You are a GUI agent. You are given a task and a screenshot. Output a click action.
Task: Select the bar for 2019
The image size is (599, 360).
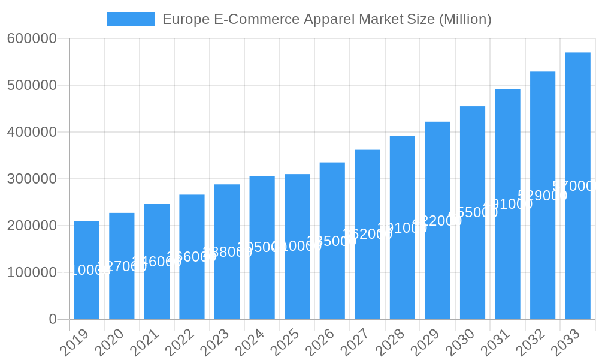pos(87,270)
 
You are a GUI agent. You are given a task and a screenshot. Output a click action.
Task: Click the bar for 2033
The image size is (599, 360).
pos(577,186)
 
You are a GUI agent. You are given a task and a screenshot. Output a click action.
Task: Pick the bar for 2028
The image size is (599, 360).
pos(403,227)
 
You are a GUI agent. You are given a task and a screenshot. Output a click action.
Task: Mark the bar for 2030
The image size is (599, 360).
pos(473,212)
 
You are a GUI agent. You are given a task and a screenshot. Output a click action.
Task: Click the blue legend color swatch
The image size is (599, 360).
pos(131,19)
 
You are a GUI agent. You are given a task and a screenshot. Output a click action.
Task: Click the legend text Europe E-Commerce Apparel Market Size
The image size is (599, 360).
pos(326,19)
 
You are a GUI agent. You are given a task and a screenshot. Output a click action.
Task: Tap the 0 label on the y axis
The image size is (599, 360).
pos(53,319)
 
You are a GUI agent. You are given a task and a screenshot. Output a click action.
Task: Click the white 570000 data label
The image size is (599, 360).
pos(576,186)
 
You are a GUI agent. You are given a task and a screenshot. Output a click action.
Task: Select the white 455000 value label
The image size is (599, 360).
pos(473,212)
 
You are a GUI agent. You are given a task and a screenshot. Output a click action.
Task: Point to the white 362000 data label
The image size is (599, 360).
pos(367,234)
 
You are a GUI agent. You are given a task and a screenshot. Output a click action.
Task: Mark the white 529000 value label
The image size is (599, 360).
pos(542,196)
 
